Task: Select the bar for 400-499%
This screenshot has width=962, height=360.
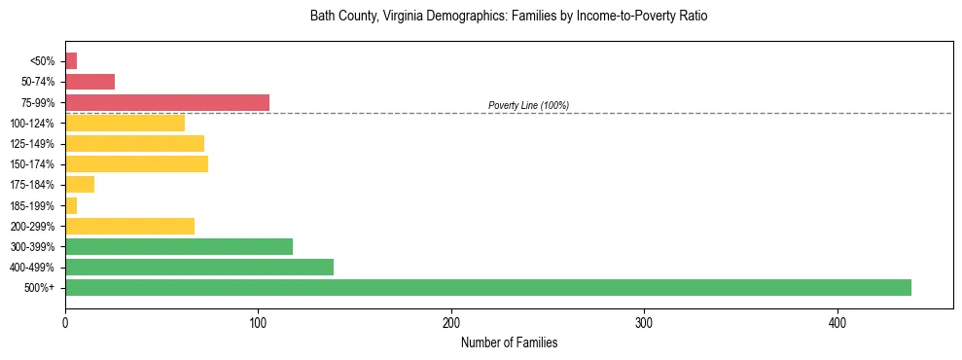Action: coord(199,267)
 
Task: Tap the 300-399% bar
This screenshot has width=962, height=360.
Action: coord(179,246)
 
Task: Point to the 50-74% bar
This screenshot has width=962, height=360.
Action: coord(89,82)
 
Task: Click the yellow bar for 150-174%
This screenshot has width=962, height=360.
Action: coord(136,163)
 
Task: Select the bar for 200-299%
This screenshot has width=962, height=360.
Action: coord(129,226)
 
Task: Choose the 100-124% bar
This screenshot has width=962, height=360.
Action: coord(125,123)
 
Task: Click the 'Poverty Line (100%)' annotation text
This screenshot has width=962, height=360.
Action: coord(528,105)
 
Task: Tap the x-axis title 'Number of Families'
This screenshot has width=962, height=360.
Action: coord(509,343)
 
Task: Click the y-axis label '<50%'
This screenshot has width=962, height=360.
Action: coord(43,61)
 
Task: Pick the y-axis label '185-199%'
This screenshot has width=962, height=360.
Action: coord(34,205)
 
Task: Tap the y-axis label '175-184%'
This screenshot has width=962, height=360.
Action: coord(34,185)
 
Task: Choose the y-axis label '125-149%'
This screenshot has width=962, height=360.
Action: coord(34,144)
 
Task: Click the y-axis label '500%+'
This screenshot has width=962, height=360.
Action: coord(39,288)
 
